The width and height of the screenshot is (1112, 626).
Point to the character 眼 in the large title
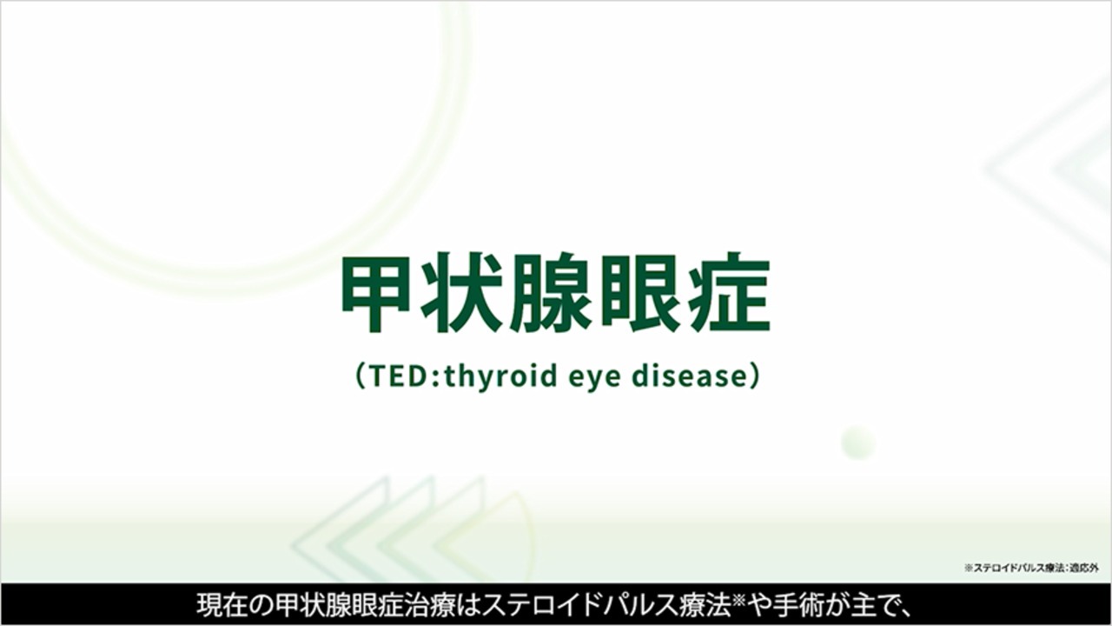(641, 294)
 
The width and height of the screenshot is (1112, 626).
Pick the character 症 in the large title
(727, 294)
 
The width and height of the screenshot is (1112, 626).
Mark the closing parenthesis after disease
(752, 377)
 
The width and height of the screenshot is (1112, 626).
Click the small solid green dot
(857, 443)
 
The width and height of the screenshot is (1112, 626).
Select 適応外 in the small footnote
(1085, 568)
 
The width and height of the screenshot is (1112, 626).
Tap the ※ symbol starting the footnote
(968, 568)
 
